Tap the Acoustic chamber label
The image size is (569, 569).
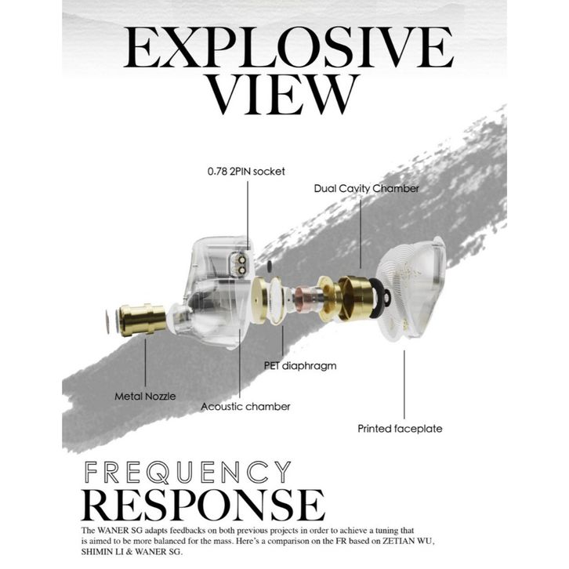click(245, 406)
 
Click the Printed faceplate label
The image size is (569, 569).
click(400, 429)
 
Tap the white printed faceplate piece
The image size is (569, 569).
click(415, 286)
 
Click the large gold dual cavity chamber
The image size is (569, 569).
click(357, 300)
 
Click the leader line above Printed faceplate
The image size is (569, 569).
click(404, 384)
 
